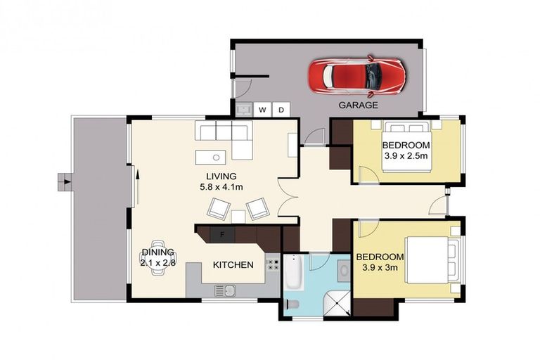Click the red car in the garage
tap(358, 75)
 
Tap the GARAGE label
tap(359, 105)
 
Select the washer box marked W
tap(262, 110)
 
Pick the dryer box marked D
tap(281, 110)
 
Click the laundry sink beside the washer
tap(244, 109)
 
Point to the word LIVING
tap(221, 176)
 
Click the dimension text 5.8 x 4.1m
tap(221, 187)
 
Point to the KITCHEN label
tap(233, 265)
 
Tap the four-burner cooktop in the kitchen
tap(272, 266)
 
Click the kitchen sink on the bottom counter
tap(225, 290)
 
